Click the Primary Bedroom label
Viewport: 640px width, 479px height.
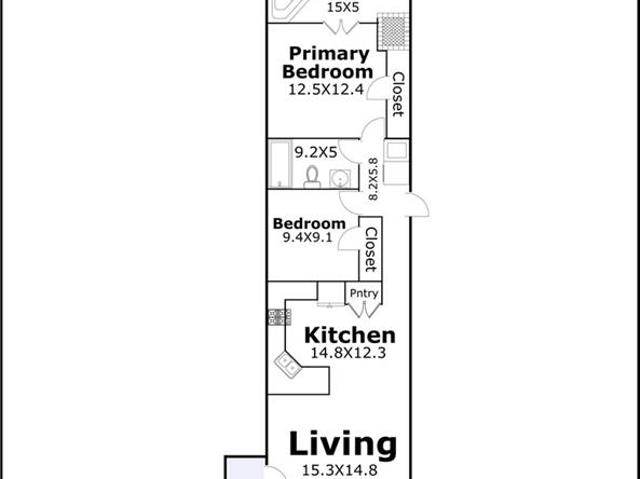point(327,62)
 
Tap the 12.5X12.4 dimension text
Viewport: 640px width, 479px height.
point(326,89)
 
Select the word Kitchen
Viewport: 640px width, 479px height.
point(350,335)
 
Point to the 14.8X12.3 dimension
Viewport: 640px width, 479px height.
point(348,353)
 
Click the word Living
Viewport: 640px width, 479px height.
point(343,444)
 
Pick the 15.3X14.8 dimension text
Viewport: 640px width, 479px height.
point(340,470)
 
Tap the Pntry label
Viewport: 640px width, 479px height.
point(364,293)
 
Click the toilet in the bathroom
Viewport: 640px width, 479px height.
point(312,177)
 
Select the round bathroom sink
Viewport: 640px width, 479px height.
point(340,179)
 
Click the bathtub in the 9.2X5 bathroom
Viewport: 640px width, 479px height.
point(280,164)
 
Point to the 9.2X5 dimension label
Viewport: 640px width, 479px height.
point(316,153)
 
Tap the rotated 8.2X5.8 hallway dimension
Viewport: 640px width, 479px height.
point(373,180)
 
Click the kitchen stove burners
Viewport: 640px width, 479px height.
point(280,317)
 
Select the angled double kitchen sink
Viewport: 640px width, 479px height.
point(288,365)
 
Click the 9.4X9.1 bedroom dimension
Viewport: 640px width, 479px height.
point(307,237)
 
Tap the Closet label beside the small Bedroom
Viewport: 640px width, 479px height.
point(371,250)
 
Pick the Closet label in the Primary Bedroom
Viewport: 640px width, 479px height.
point(398,95)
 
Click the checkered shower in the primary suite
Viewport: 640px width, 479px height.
point(393,32)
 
